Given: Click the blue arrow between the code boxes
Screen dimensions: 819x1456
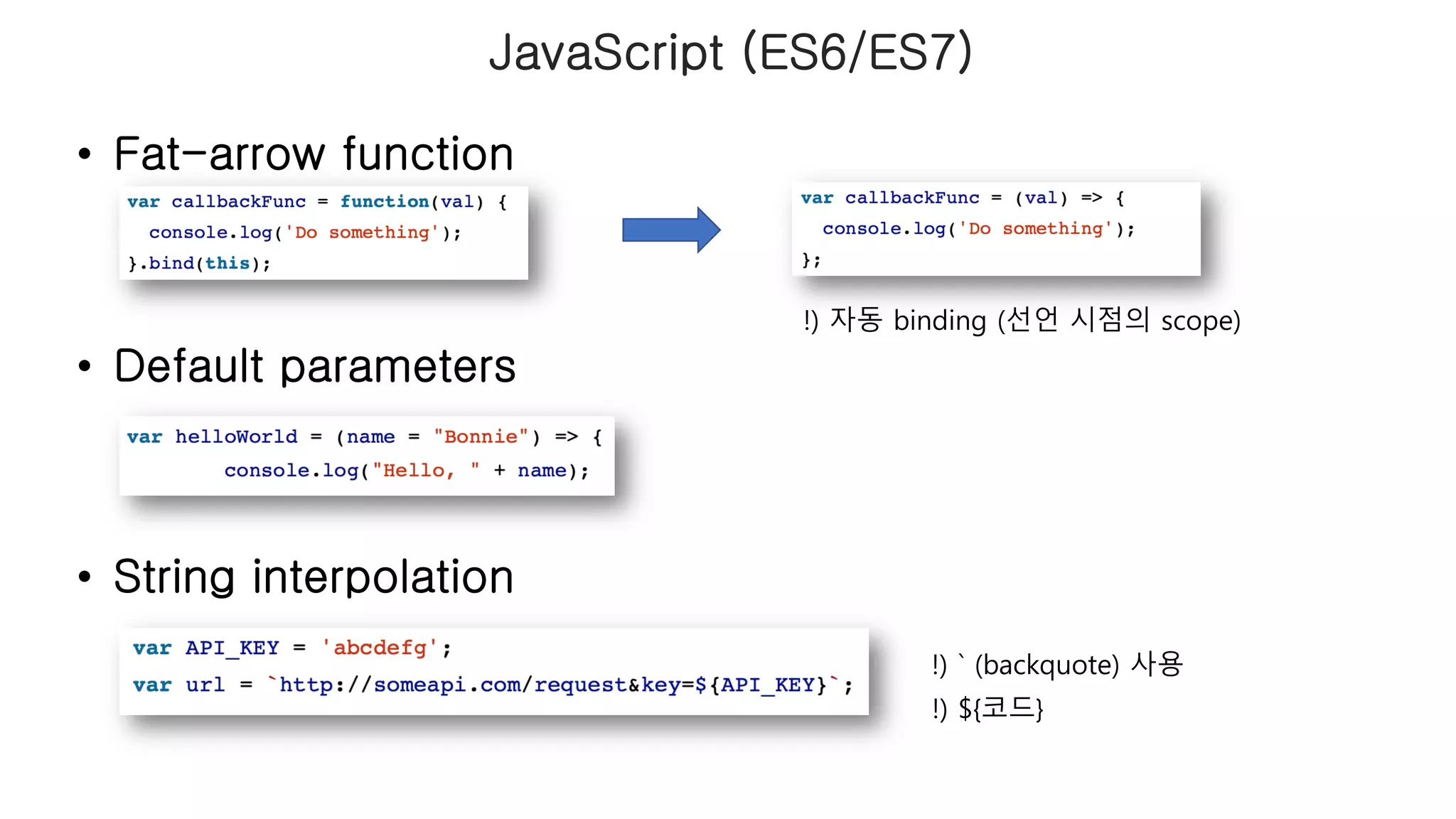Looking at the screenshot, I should coord(671,230).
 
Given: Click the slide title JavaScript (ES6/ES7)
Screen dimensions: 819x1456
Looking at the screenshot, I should coord(730,52).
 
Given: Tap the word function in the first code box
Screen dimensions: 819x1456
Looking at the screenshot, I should coord(384,202).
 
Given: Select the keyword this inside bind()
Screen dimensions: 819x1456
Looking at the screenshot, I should coord(227,264).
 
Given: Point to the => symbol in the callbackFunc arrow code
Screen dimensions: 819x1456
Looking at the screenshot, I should coord(1091,198).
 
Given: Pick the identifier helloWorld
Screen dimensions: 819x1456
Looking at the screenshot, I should coord(236,437).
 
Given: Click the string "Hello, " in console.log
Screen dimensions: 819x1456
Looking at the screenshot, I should coord(426,471).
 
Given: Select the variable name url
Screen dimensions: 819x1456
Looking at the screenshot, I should coord(205,685).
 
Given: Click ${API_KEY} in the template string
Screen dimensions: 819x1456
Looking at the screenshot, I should coord(761,685).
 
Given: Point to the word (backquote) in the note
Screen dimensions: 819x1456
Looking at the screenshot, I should coord(1046,665).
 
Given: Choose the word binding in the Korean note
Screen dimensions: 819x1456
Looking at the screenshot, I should coord(940,321).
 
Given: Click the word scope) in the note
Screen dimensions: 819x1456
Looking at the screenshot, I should coord(1200,321).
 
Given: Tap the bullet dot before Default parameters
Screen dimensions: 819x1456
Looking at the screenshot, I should coord(85,366).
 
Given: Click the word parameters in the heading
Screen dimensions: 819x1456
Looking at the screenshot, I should coord(398,366).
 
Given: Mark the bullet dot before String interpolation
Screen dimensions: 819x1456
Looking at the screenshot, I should coord(85,577).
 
